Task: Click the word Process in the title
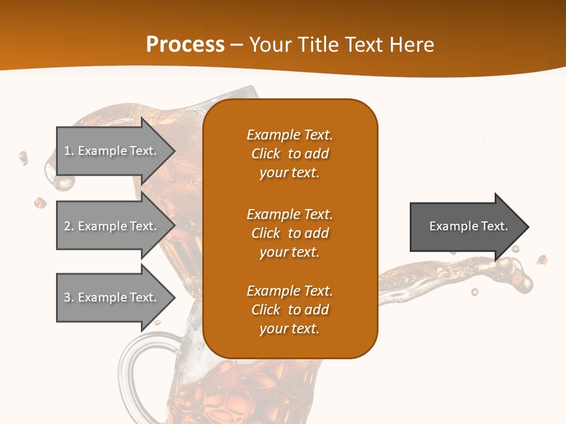[185, 45]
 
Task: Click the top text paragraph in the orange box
[289, 154]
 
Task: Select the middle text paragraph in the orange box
[289, 233]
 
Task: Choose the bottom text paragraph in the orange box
[289, 310]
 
